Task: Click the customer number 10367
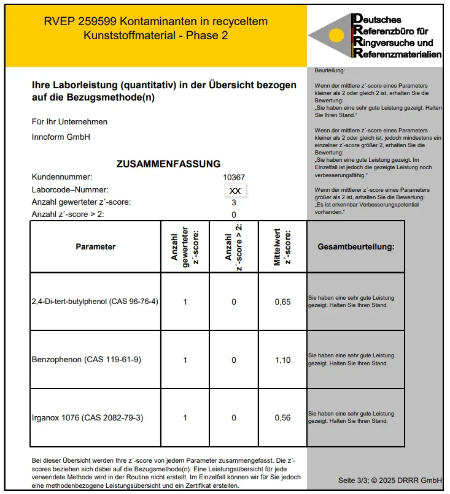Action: tap(233, 177)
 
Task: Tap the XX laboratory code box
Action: tap(235, 191)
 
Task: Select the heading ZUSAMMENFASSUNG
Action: tap(168, 164)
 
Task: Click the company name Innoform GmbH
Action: tap(61, 137)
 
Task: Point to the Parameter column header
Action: tap(95, 247)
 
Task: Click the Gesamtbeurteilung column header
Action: tap(355, 247)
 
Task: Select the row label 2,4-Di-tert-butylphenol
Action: tap(95, 302)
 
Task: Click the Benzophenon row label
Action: tap(86, 360)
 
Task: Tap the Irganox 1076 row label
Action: tap(88, 418)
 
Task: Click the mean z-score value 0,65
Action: tap(282, 302)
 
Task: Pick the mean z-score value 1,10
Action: tap(282, 360)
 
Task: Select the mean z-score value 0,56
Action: tap(282, 418)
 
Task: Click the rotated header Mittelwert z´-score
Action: tap(282, 247)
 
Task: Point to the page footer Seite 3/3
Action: tap(390, 479)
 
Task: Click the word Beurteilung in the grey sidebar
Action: tap(330, 71)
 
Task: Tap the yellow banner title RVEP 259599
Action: tap(155, 21)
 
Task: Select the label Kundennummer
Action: tap(62, 177)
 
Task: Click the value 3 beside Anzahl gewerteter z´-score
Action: tap(234, 202)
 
